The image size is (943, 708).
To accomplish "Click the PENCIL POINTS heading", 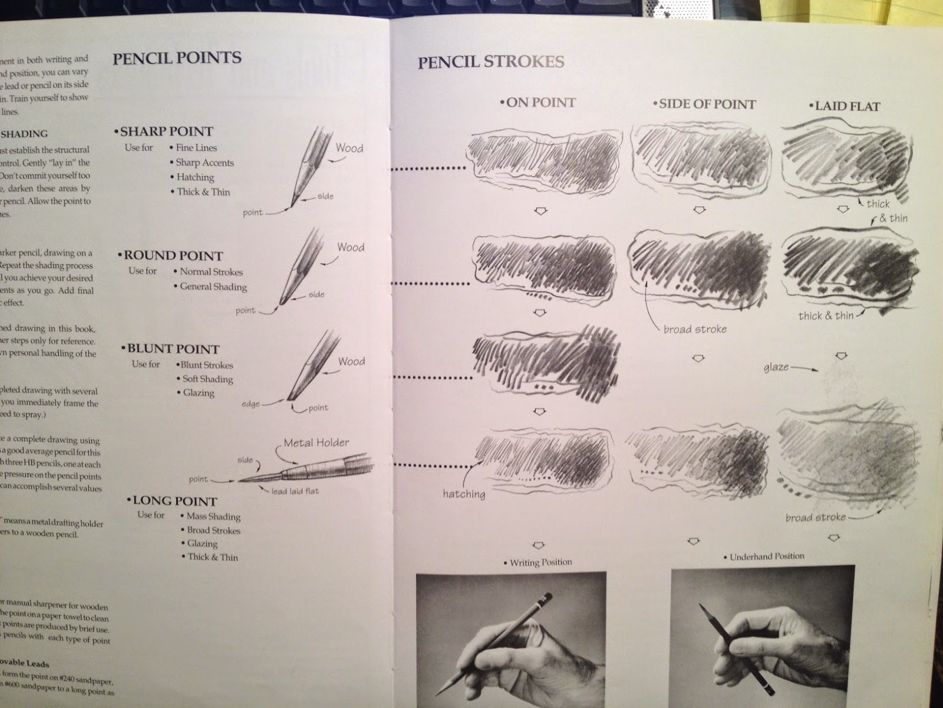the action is pyautogui.click(x=177, y=58).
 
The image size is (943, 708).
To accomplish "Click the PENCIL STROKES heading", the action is pyautogui.click(x=491, y=61).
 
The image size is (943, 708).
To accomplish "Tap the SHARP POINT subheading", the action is pyautogui.click(x=166, y=131).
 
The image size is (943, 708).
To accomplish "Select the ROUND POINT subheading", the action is pyautogui.click(x=173, y=256).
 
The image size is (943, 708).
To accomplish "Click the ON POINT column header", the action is pyautogui.click(x=540, y=103).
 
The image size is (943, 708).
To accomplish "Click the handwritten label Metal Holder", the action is pyautogui.click(x=316, y=442).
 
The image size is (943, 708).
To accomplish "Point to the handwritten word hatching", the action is pyautogui.click(x=464, y=493).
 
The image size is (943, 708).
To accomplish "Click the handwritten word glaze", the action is pyautogui.click(x=776, y=367).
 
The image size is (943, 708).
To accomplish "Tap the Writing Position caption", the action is pyautogui.click(x=539, y=562).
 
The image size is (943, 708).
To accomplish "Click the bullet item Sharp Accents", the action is pyautogui.click(x=204, y=162).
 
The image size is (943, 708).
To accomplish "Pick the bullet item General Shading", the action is pyautogui.click(x=213, y=286).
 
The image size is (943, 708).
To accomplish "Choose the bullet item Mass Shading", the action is pyautogui.click(x=213, y=516).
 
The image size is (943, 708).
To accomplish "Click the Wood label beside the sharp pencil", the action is pyautogui.click(x=349, y=148).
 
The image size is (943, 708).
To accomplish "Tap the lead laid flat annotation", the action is pyautogui.click(x=295, y=491).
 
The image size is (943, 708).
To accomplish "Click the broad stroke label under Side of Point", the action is pyautogui.click(x=695, y=329).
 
